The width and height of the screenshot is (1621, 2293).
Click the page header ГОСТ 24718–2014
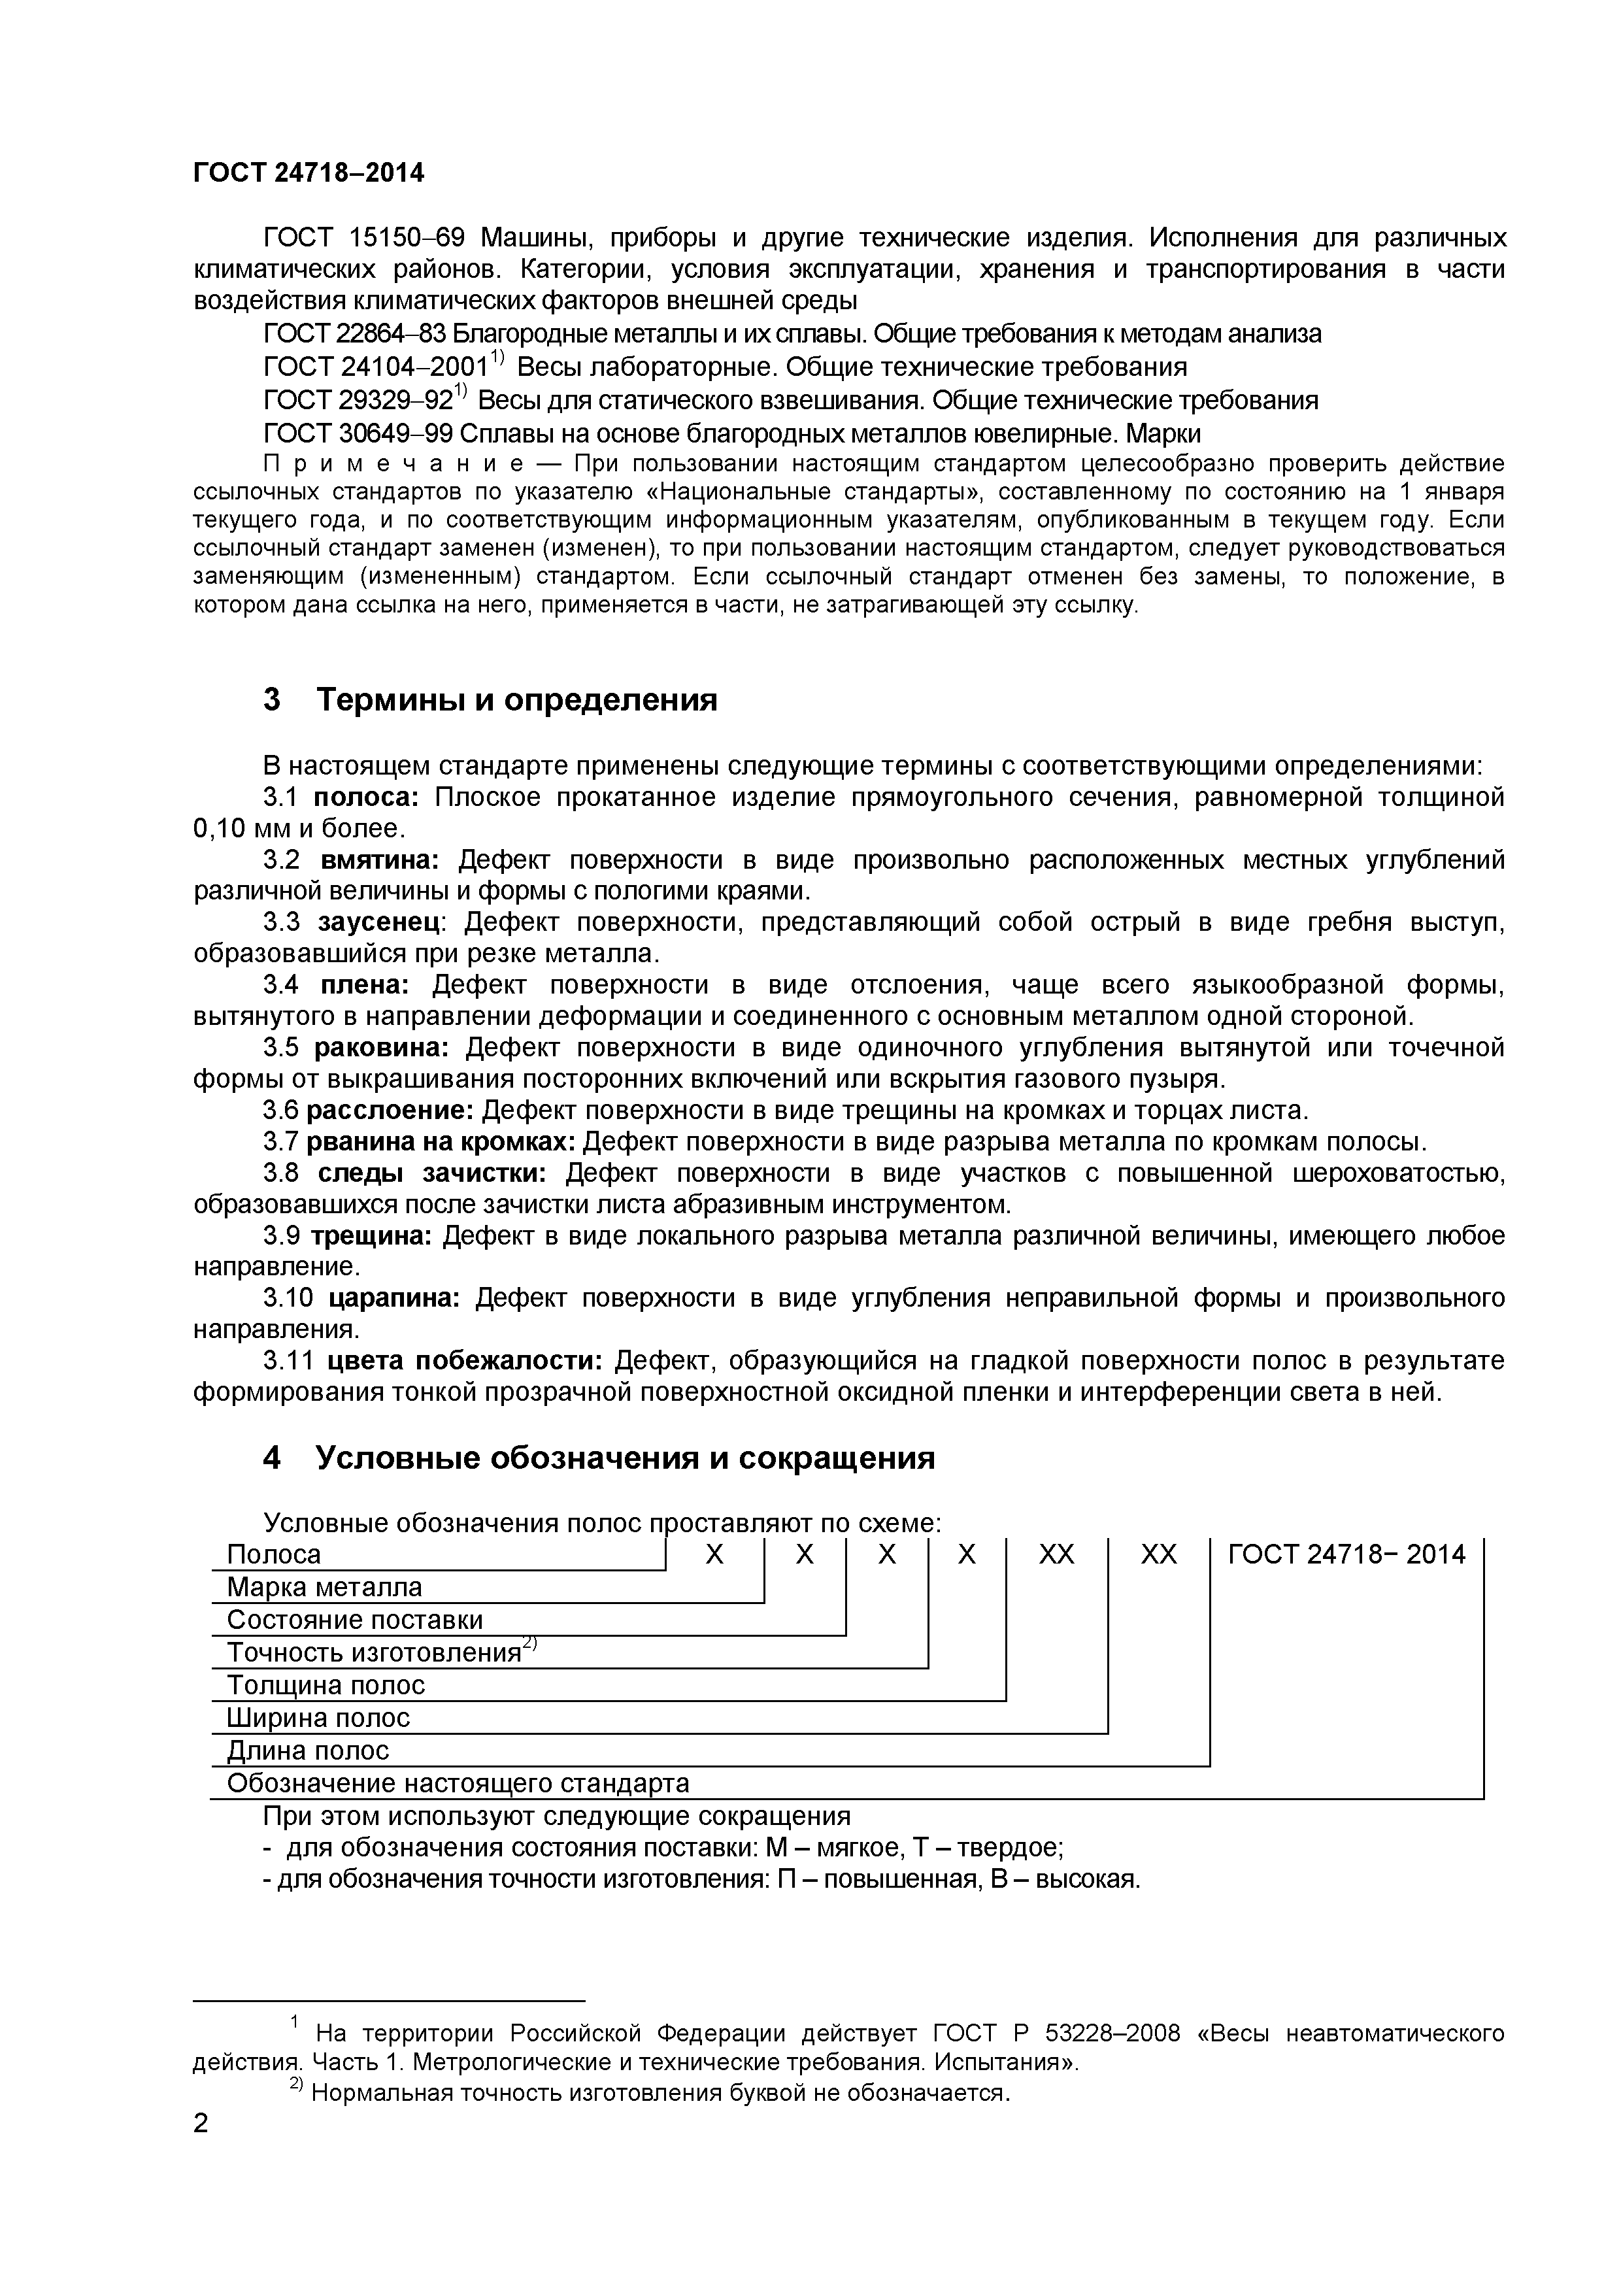[x=308, y=174]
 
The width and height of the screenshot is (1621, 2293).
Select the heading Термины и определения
[x=516, y=700]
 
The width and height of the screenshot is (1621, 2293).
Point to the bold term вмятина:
[x=380, y=860]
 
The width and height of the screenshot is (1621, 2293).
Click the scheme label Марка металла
[x=324, y=1587]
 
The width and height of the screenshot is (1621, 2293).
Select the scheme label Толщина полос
[x=326, y=1685]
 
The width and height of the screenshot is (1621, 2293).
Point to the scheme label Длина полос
[x=308, y=1750]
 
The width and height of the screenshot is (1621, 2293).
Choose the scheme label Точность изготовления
[x=373, y=1653]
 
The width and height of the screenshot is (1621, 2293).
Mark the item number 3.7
[x=280, y=1141]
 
